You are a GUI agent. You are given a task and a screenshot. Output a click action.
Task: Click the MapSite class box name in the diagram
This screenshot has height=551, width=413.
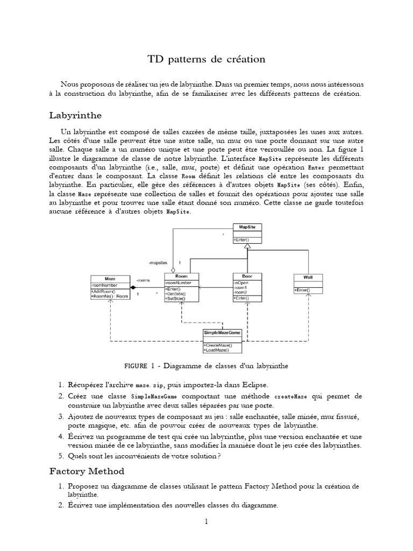click(247, 227)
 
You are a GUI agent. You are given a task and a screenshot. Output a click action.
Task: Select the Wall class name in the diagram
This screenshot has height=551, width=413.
click(308, 277)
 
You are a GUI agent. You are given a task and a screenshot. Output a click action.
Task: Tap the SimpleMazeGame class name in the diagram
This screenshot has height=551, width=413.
click(222, 333)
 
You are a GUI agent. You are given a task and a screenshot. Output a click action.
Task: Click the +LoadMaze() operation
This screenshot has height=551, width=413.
click(216, 350)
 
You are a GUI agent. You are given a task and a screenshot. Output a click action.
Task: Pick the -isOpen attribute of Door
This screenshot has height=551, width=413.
click(240, 282)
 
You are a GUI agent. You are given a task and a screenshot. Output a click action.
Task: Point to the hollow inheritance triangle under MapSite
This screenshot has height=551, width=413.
click(247, 246)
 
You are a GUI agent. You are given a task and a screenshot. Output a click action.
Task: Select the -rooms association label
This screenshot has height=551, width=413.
click(143, 280)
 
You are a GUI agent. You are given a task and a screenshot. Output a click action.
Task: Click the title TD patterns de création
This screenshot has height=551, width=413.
click(206, 59)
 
